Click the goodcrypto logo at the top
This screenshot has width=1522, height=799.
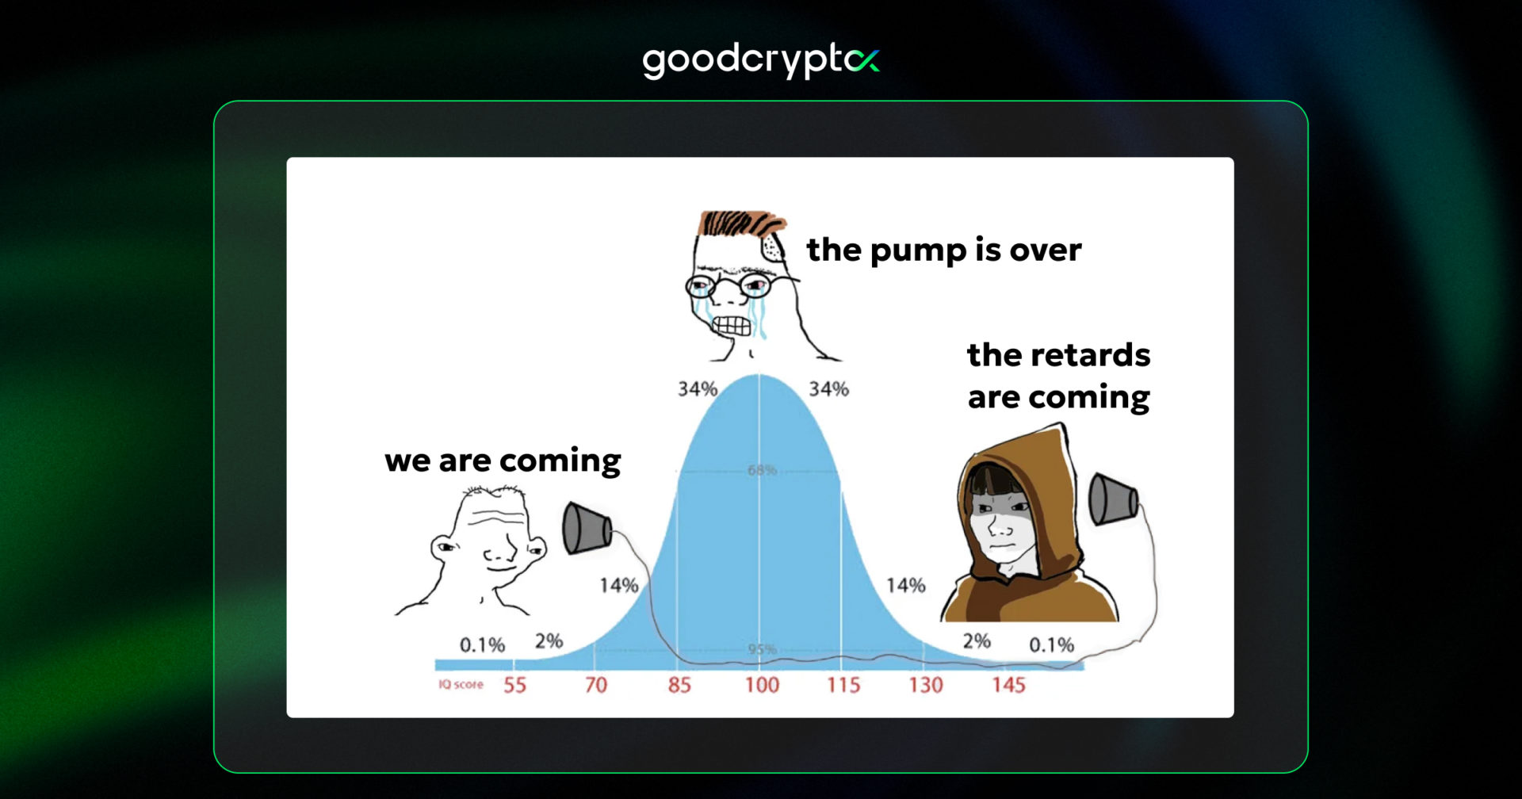tap(760, 61)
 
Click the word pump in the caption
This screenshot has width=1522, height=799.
tap(919, 251)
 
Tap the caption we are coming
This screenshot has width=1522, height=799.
tap(503, 461)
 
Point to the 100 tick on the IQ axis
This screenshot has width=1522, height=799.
tap(762, 685)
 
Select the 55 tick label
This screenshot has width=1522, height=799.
tap(514, 685)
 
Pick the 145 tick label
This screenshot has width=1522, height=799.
tap(1008, 685)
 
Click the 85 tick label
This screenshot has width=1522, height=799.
tap(679, 685)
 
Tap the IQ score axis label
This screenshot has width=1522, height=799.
tap(461, 684)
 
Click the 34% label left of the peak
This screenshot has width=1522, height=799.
tap(697, 389)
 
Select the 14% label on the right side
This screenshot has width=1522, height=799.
tap(905, 586)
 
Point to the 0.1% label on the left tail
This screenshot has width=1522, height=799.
tap(482, 645)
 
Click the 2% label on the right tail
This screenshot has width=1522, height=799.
tap(977, 640)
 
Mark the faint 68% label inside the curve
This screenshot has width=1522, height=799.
tap(762, 470)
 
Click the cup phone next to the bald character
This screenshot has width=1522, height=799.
tap(586, 529)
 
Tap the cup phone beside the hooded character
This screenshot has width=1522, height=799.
tap(1113, 499)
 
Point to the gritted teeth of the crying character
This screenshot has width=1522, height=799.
tap(730, 325)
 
